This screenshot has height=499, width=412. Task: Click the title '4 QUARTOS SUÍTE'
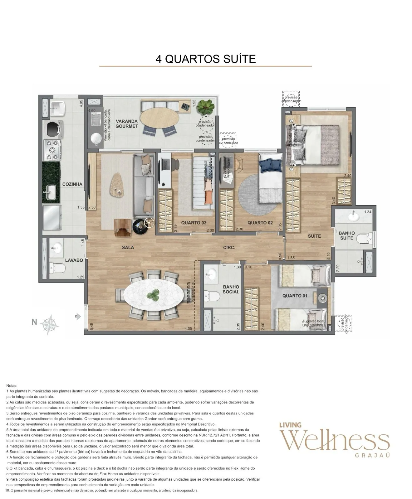(x=205, y=59)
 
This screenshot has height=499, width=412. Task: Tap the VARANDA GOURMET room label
(x=126, y=124)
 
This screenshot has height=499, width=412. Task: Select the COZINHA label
(x=72, y=184)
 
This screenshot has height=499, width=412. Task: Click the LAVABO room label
(x=74, y=260)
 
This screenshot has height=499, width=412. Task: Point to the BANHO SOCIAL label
(x=231, y=289)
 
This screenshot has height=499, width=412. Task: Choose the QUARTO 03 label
(x=194, y=223)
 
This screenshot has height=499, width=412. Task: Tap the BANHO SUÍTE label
(x=346, y=235)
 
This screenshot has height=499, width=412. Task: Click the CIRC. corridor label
(x=229, y=248)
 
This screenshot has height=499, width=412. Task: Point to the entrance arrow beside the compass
(x=78, y=317)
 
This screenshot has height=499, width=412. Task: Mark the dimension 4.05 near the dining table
(x=188, y=329)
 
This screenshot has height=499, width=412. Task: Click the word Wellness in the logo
(x=336, y=441)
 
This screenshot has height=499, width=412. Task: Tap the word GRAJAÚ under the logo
(x=373, y=455)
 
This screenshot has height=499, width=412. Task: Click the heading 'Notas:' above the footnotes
(x=12, y=386)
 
